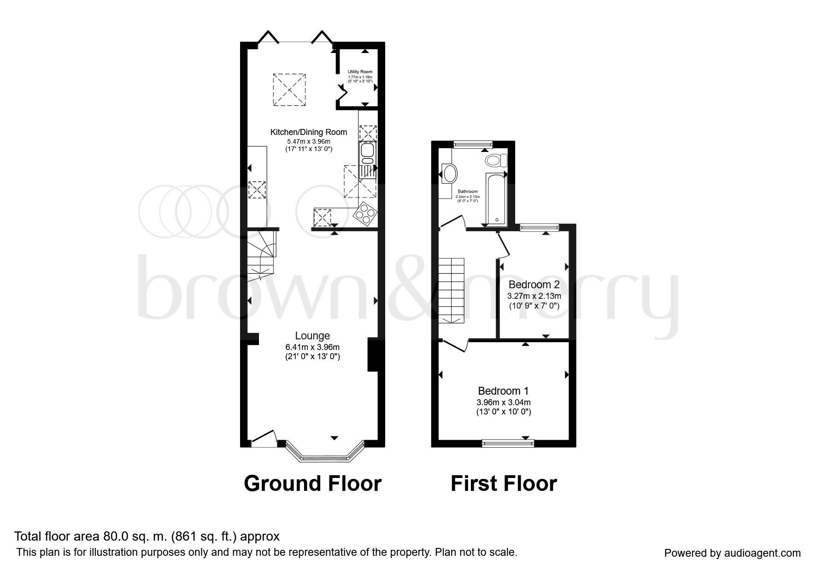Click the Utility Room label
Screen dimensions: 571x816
click(360, 72)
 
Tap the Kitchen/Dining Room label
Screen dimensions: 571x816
click(308, 132)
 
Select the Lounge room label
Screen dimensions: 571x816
click(312, 336)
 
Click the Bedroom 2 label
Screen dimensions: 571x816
click(534, 285)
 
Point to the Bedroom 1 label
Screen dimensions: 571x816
click(503, 391)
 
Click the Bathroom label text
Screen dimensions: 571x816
click(467, 191)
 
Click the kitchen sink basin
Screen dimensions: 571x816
click(367, 150)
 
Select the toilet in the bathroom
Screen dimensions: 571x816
click(495, 161)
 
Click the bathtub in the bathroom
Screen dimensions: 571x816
click(496, 199)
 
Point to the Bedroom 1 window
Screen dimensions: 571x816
click(508, 443)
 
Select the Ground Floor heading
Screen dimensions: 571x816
click(312, 484)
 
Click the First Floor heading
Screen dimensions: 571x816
click(504, 484)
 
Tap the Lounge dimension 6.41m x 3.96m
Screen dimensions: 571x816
click(312, 347)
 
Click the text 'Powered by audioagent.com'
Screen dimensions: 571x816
click(732, 553)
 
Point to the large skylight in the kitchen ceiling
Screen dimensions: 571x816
click(289, 89)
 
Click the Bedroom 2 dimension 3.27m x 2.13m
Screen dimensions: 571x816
click(534, 296)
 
